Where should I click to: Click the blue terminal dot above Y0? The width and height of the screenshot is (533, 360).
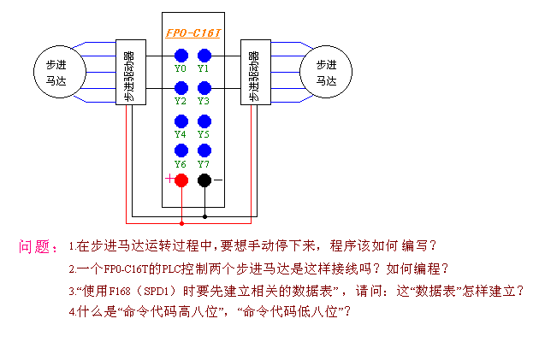tap(181, 56)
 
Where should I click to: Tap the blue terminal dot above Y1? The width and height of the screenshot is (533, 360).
tap(204, 56)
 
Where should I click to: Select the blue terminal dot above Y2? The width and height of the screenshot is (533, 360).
tap(181, 88)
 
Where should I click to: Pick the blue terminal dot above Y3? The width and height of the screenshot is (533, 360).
tap(204, 88)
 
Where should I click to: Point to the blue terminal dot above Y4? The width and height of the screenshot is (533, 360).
tap(181, 121)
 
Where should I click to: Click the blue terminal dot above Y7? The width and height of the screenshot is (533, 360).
tap(204, 150)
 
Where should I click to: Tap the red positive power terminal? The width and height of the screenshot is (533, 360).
tap(181, 180)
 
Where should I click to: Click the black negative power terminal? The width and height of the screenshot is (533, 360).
tap(204, 180)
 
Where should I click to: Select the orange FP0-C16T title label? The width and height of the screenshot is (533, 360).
tap(193, 33)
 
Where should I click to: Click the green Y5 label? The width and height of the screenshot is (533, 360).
tap(204, 134)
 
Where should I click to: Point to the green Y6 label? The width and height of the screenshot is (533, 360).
tap(181, 164)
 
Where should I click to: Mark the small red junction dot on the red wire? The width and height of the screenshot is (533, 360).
tap(182, 223)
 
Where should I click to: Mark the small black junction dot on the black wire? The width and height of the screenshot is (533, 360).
tap(204, 216)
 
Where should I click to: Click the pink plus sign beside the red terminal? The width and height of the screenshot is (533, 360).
tap(169, 179)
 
